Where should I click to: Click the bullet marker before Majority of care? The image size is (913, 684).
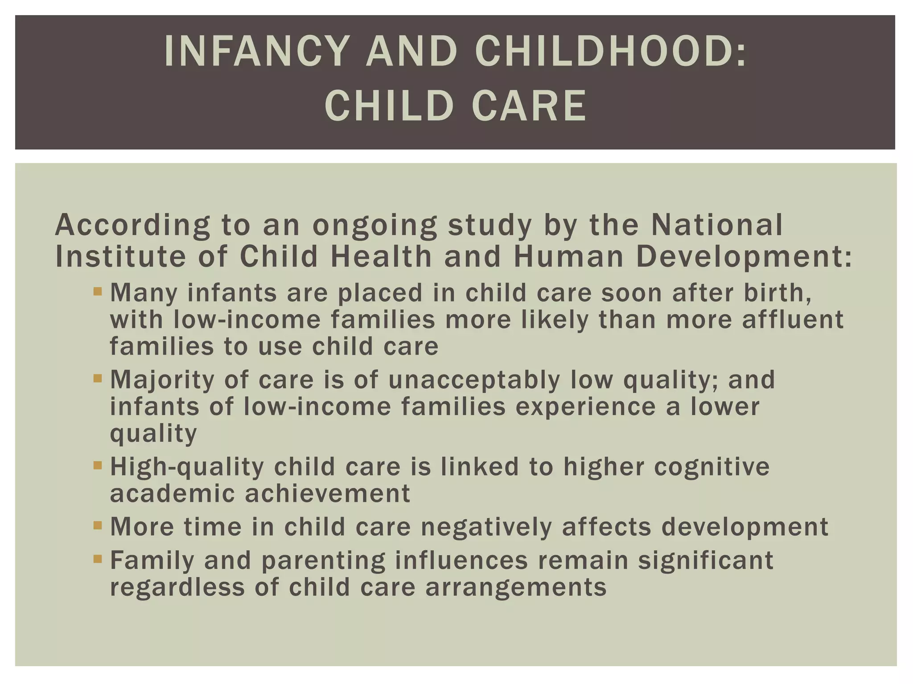[x=98, y=379]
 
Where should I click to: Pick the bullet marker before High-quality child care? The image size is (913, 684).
[x=98, y=466]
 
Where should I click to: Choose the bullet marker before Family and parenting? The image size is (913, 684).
[x=98, y=559]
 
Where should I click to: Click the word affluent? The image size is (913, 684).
[x=793, y=320]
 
